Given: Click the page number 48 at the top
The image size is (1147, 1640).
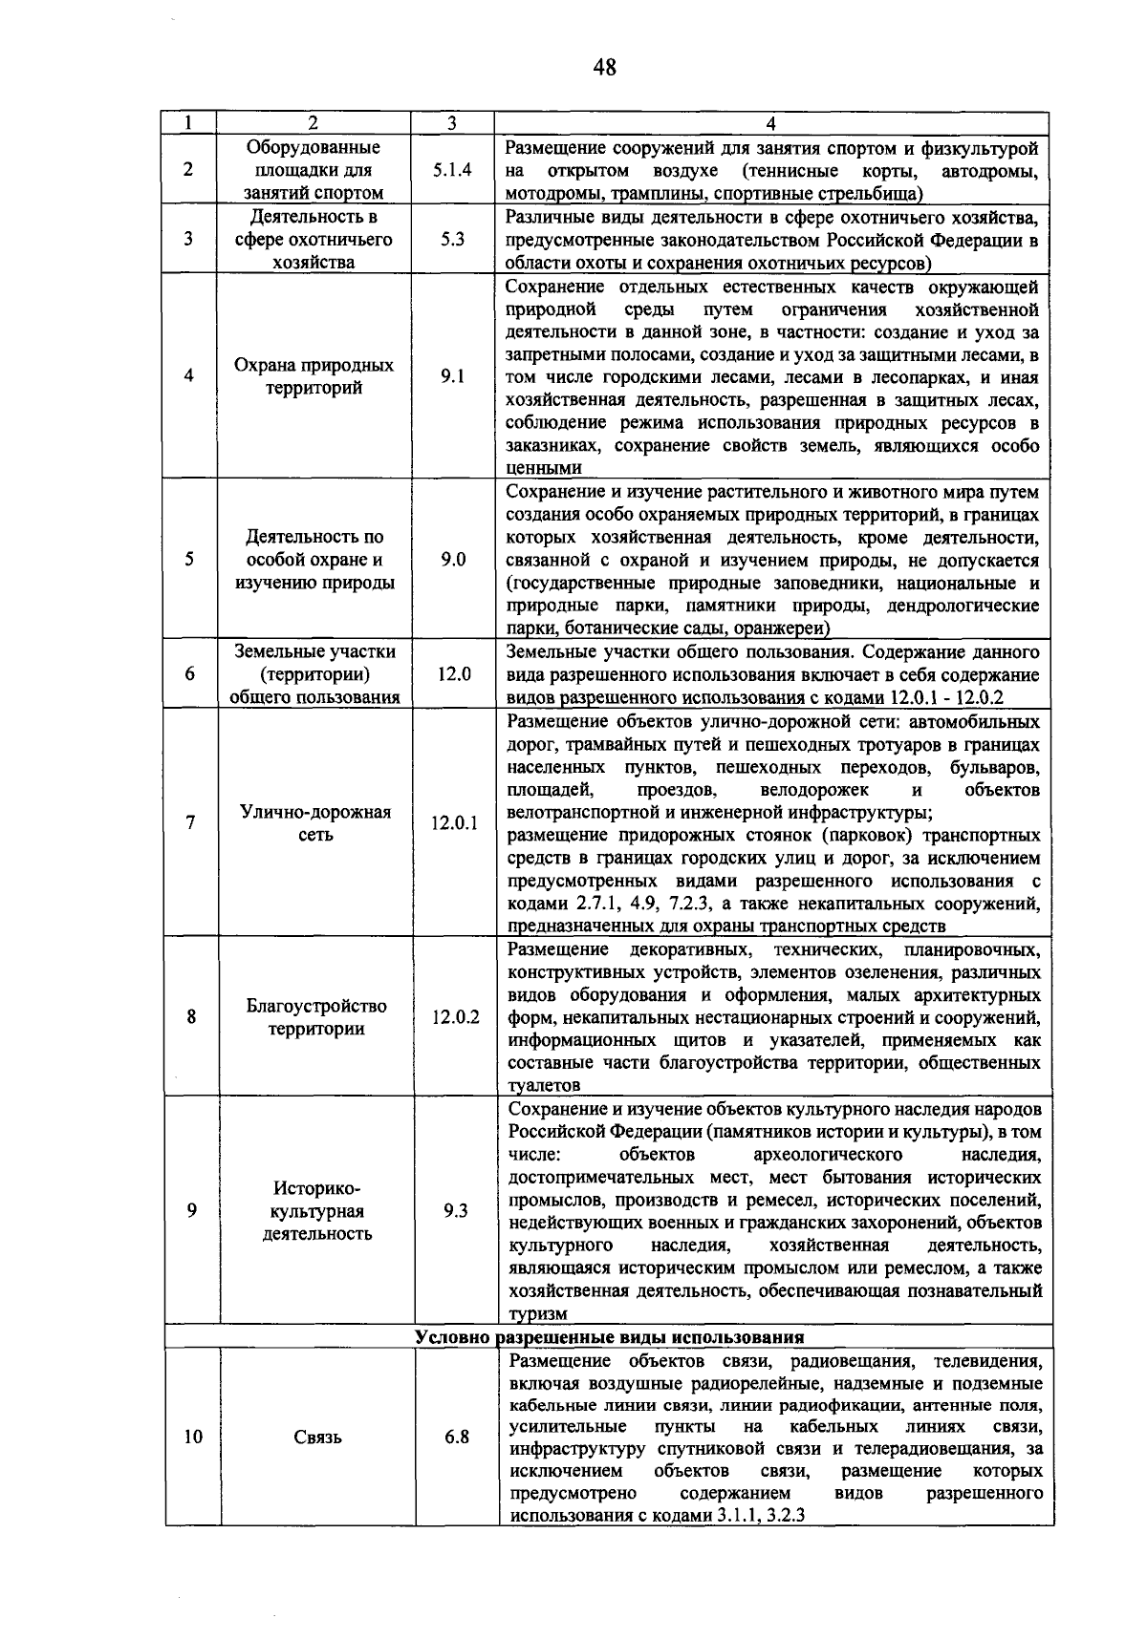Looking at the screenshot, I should pyautogui.click(x=604, y=67).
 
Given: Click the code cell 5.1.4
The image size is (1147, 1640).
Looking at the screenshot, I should pyautogui.click(x=452, y=170).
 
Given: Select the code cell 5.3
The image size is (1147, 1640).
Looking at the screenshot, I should pyautogui.click(x=452, y=240).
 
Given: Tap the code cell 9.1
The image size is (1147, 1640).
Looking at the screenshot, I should pyautogui.click(x=452, y=376).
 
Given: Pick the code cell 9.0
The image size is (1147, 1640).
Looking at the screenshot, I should pyautogui.click(x=453, y=560).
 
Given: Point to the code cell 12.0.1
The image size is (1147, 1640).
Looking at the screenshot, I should pyautogui.click(x=454, y=822).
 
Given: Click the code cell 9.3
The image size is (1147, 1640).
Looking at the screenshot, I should pyautogui.click(x=456, y=1210).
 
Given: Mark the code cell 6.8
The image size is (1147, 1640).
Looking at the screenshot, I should pyautogui.click(x=457, y=1437).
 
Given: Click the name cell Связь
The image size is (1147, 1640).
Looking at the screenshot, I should pyautogui.click(x=317, y=1437).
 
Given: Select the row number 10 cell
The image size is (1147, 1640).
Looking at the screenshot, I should pyautogui.click(x=193, y=1437).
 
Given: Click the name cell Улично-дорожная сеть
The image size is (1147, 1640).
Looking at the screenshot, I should pyautogui.click(x=315, y=823).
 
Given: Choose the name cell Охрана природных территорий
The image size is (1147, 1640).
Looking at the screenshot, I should pyautogui.click(x=314, y=376).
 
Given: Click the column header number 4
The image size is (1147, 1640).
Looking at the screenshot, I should pyautogui.click(x=770, y=122).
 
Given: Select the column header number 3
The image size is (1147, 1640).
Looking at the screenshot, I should pyautogui.click(x=451, y=122).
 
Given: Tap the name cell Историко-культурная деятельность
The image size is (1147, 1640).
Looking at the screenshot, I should pyautogui.click(x=317, y=1210).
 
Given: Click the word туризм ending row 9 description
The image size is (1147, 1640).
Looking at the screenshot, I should pyautogui.click(x=537, y=1314).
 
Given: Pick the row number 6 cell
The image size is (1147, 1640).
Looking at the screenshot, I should pyautogui.click(x=190, y=673).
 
